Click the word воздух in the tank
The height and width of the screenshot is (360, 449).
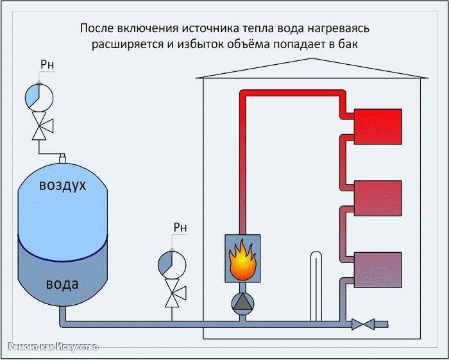tap(62, 185)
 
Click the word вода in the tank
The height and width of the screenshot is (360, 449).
tap(62, 284)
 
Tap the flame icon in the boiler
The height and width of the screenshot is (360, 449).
tap(242, 260)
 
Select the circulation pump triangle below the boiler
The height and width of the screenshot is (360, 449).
tap(242, 304)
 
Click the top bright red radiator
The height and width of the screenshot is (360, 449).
tap(378, 126)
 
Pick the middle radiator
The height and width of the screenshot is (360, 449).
tap(378, 198)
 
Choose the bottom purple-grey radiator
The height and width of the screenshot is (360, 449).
tap(378, 270)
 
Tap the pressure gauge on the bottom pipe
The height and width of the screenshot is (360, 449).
tap(172, 264)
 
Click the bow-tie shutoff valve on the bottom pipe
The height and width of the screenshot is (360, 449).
tap(363, 324)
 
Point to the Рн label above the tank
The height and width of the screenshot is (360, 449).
tap(47, 65)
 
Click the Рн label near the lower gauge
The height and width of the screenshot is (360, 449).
tap(180, 227)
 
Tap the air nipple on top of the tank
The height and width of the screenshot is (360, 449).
tap(62, 159)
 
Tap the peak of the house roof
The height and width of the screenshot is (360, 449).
tap(312, 58)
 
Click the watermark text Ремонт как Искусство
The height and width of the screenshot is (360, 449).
tap(53, 347)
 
